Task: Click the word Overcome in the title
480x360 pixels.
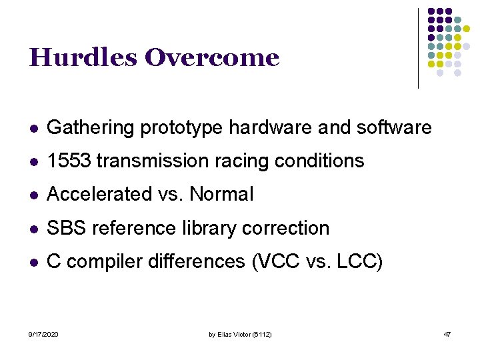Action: (x=211, y=58)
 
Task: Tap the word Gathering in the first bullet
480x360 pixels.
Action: (x=91, y=127)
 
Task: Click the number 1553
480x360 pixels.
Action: (x=70, y=161)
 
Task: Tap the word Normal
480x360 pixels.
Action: (x=221, y=194)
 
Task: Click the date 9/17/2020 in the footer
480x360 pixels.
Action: (x=43, y=333)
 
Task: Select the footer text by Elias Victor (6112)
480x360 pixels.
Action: (x=239, y=333)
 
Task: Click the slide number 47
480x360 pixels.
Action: (x=447, y=333)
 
